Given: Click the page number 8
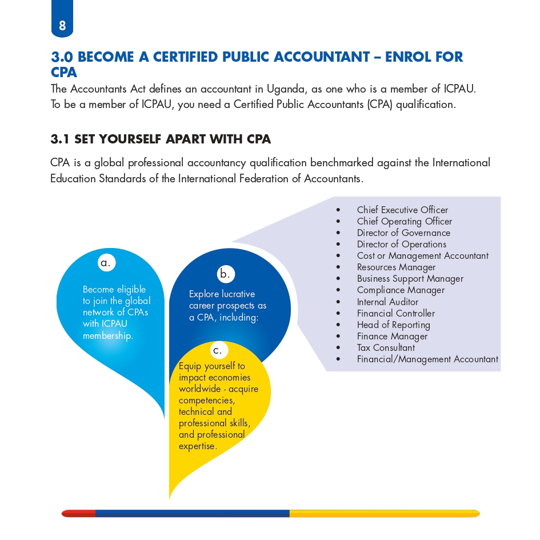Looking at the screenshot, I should coord(62,25).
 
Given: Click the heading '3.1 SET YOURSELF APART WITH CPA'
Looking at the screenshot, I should coord(161,139).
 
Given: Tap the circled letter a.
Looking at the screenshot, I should coord(105,263).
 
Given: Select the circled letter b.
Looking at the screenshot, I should coord(225,274).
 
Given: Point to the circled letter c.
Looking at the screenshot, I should coord(218,350).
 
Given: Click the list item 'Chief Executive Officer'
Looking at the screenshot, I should coord(402,210).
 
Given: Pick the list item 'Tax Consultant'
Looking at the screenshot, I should coord(386,347).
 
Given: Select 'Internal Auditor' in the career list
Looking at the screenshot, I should coord(387,302).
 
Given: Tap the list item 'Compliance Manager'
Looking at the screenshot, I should coord(401,290).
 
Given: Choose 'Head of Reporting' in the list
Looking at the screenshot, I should coord(393,325).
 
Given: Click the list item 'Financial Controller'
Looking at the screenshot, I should coord(395,313).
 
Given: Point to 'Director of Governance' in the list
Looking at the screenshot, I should coord(403,233).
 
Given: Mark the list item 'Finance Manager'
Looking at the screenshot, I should coord(392,336).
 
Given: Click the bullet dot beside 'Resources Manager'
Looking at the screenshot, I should coord(339,267).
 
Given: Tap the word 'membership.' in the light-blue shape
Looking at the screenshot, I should coord(108,335).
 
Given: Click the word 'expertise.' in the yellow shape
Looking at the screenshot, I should coord(198,446).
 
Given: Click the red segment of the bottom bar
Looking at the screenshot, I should coord(79,514).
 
